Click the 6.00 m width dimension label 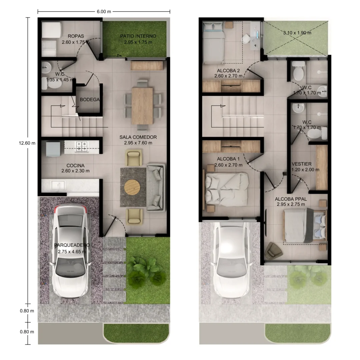coord(104,11)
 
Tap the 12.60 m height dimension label coord(27,143)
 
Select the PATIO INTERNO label coord(138,36)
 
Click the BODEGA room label coord(90,100)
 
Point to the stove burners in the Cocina coord(82,146)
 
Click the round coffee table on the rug coord(132,187)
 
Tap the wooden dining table coord(142,106)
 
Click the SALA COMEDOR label coord(138,137)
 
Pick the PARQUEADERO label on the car coord(72,245)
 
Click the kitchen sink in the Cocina coord(58,185)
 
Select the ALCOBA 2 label coord(228,71)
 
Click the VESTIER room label coord(302,164)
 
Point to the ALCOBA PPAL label coord(291,199)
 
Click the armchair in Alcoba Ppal coord(273,251)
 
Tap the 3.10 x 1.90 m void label coord(297,33)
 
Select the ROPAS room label coord(76,36)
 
